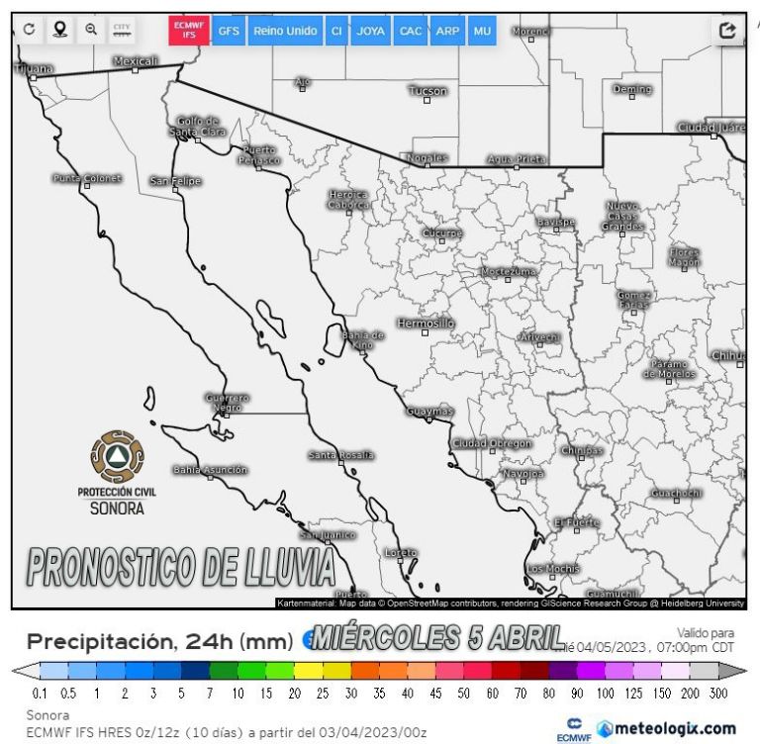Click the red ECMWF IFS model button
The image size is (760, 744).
190,31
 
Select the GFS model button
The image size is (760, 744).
229,31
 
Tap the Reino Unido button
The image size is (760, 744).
285,31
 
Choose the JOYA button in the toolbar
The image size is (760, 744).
371,31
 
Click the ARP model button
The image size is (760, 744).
447,31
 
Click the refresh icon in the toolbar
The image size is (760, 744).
30,30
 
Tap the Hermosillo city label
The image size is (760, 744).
425,324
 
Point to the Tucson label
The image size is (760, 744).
427,91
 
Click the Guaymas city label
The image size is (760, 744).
429,411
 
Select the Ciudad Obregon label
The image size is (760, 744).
492,443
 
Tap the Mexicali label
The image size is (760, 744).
136,61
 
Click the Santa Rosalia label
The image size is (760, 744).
341,455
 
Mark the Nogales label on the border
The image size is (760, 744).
427,157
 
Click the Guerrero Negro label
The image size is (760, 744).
227,403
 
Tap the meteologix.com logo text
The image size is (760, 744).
675,728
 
